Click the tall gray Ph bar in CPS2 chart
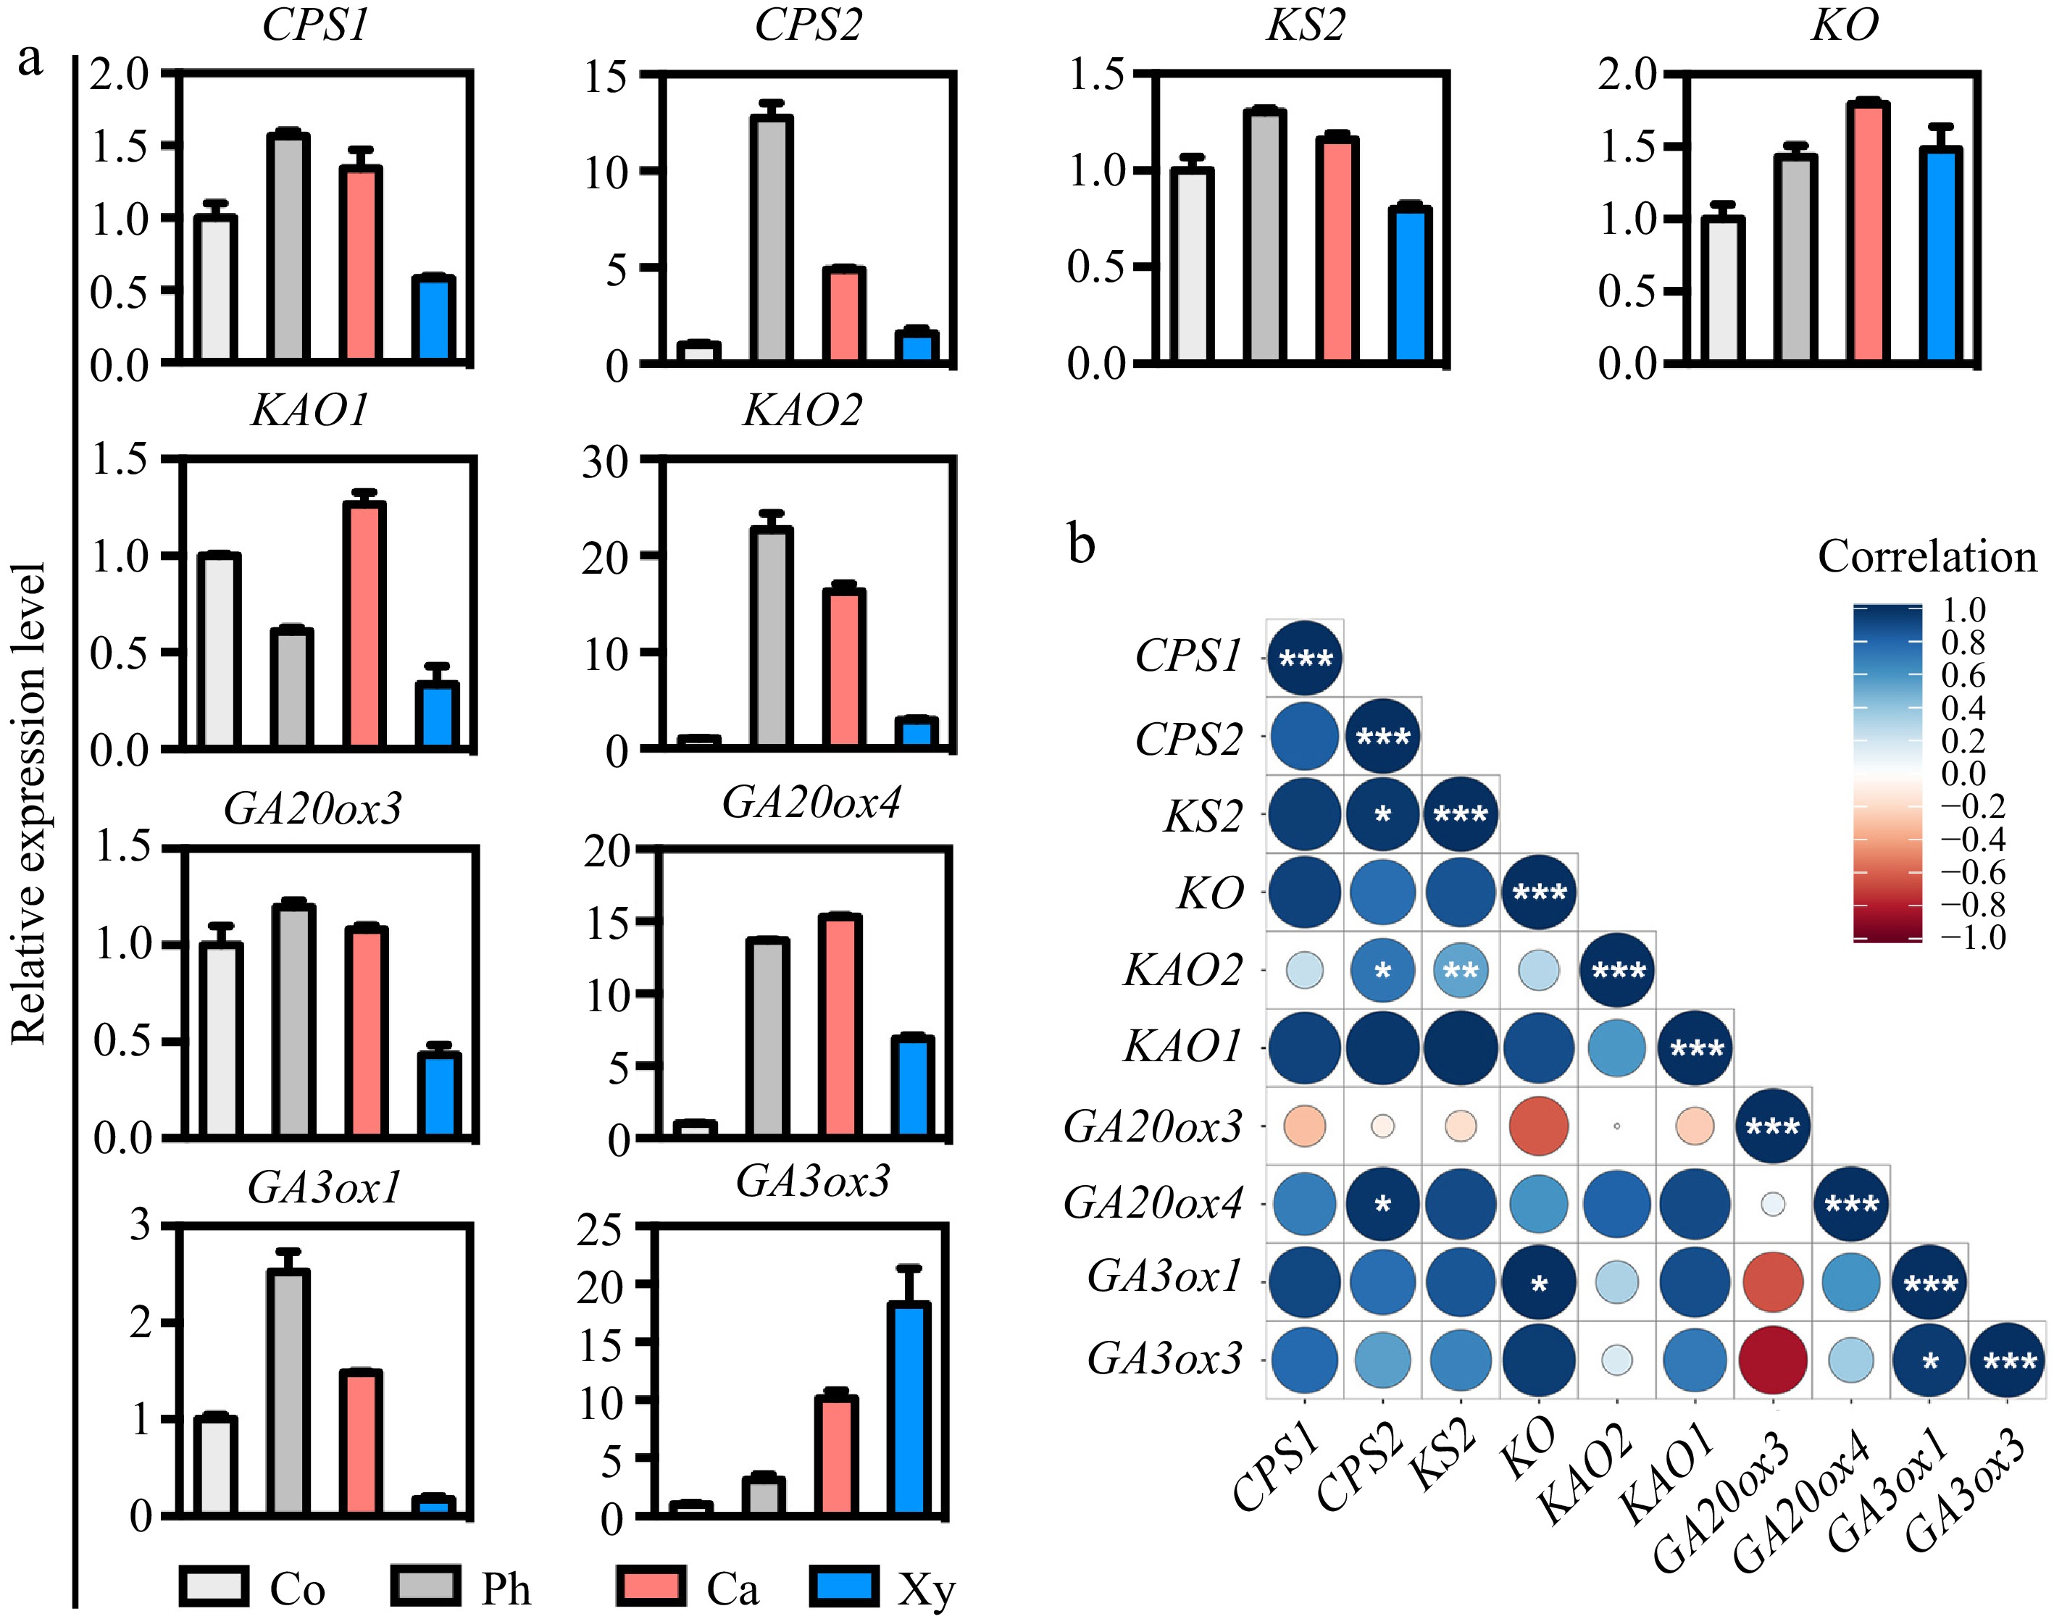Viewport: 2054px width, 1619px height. [x=771, y=239]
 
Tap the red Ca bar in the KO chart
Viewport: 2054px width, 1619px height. [x=1869, y=233]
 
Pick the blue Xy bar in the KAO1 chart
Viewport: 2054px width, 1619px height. [x=438, y=716]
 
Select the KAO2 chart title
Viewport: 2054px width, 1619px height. [x=802, y=411]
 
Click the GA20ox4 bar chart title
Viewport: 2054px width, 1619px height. [x=811, y=803]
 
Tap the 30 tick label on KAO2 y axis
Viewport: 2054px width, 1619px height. [x=605, y=463]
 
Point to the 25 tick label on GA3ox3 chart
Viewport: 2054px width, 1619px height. [x=600, y=1230]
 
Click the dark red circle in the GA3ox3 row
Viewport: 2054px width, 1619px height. [x=1772, y=1360]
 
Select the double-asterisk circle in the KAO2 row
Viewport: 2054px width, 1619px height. [x=1461, y=971]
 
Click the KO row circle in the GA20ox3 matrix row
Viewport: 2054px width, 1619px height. [x=1538, y=1126]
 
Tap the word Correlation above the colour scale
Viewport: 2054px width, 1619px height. [x=1926, y=556]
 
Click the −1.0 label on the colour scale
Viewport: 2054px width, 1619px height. [x=1974, y=937]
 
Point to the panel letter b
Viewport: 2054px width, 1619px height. [x=1082, y=544]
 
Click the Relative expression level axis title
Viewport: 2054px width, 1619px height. [x=28, y=804]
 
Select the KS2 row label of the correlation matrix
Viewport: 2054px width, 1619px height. [x=1202, y=815]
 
